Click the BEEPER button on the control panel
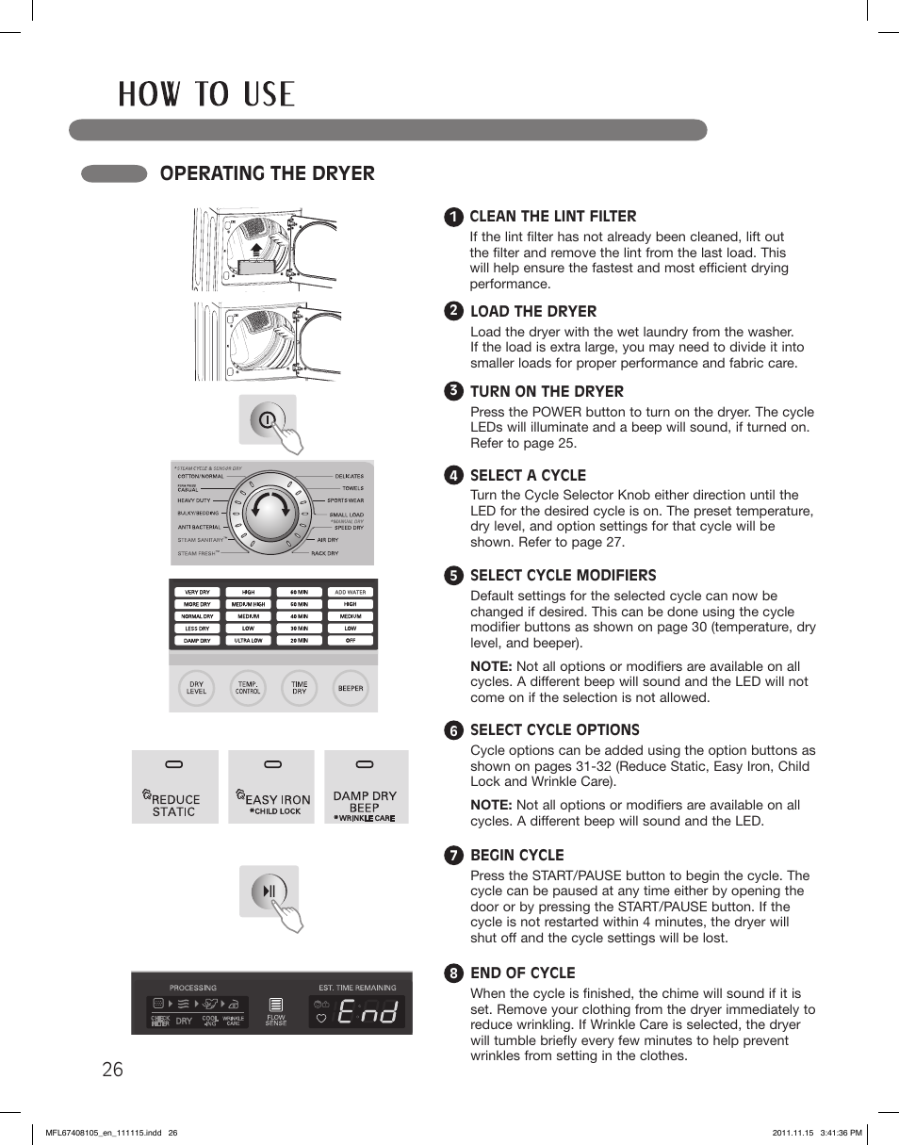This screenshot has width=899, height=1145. (x=351, y=688)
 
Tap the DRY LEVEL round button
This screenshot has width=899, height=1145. (x=196, y=688)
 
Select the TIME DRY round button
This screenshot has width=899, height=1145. (x=299, y=688)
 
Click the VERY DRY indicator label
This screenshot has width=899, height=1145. (x=197, y=593)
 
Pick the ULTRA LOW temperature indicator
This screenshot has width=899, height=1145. (x=248, y=641)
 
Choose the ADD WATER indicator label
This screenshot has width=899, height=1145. (x=350, y=593)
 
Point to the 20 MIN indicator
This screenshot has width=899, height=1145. (x=299, y=641)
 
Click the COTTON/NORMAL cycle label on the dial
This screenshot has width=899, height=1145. (x=200, y=477)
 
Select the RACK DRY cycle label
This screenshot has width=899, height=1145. (x=324, y=553)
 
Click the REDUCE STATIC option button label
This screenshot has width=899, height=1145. (x=175, y=805)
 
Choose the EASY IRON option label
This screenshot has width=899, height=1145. (x=277, y=799)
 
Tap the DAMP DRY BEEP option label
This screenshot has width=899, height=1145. (x=365, y=801)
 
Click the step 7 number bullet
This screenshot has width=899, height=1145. (x=453, y=856)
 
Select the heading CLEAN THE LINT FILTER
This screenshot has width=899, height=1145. (x=552, y=216)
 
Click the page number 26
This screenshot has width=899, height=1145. (x=112, y=1069)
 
